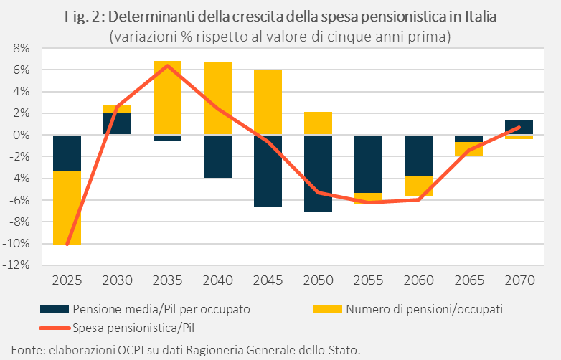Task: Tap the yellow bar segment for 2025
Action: point(67,208)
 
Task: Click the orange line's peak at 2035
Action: point(167,66)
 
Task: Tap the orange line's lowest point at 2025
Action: point(67,245)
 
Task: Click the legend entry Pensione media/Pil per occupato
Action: point(161,309)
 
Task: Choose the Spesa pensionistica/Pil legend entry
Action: point(135,327)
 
